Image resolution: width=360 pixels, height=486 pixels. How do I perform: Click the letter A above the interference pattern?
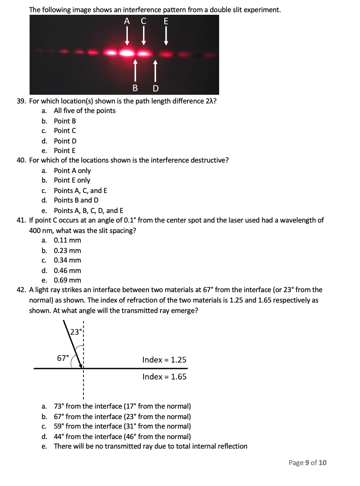(127, 21)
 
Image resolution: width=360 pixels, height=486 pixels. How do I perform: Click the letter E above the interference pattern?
(166, 21)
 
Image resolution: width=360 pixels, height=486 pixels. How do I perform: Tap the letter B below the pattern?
(135, 89)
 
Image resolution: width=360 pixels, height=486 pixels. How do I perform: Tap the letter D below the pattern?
(155, 89)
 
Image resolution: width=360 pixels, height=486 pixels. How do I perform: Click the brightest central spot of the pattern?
(127, 53)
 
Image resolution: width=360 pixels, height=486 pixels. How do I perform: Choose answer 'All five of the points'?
(84, 111)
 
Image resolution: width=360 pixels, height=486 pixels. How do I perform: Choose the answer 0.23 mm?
(67, 250)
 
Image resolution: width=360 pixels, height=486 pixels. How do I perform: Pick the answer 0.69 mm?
(67, 280)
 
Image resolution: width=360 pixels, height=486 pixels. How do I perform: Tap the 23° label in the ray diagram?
(76, 332)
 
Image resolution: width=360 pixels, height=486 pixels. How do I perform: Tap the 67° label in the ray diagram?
(63, 358)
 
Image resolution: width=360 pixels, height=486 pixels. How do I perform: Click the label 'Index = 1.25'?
(164, 360)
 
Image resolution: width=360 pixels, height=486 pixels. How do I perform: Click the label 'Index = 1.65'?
(164, 376)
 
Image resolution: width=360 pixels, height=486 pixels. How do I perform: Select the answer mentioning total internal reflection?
(150, 446)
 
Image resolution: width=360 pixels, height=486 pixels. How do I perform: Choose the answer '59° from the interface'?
(122, 426)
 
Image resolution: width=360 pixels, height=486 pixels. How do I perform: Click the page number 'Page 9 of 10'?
(307, 463)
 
